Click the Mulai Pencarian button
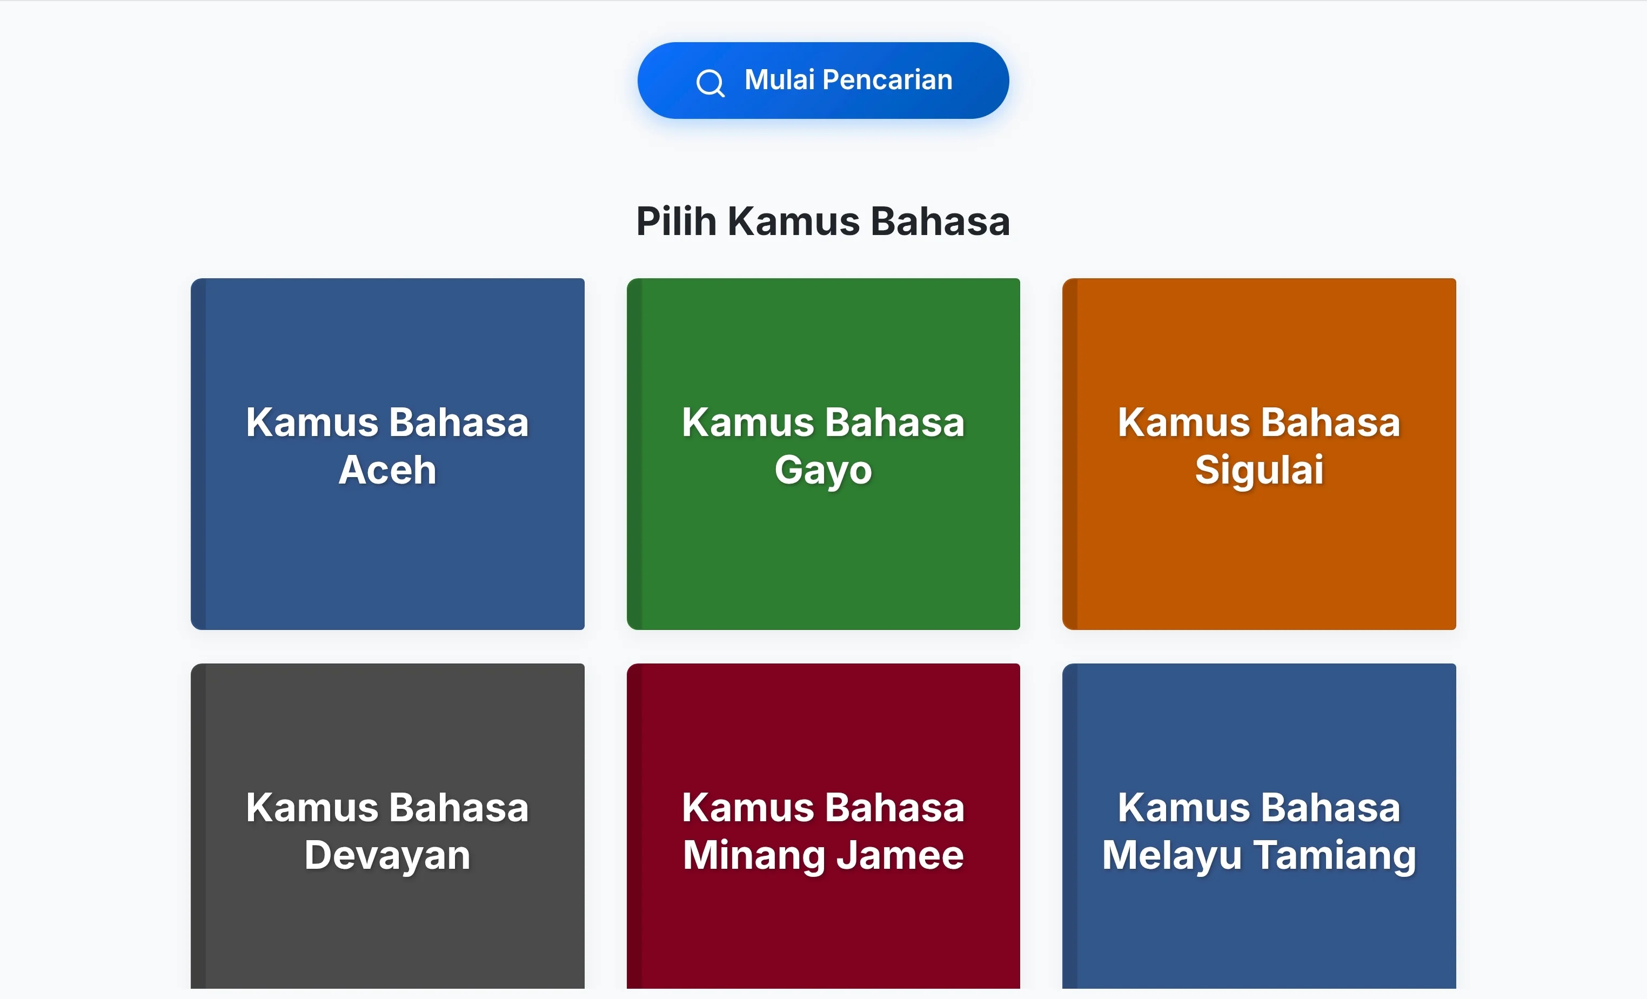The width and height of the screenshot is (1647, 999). [823, 80]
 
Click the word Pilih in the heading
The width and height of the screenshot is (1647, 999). [676, 221]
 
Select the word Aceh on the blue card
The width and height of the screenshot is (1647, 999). [387, 470]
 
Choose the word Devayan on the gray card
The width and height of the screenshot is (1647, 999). [387, 856]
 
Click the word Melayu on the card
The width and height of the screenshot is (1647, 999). [1171, 856]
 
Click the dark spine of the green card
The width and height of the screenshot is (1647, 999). [634, 454]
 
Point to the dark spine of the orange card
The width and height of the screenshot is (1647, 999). [1070, 454]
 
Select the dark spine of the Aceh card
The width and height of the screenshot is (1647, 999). [198, 454]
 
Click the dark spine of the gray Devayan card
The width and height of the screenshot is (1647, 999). [198, 826]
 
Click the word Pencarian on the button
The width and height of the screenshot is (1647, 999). [887, 79]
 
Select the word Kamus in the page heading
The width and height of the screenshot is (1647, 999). [793, 221]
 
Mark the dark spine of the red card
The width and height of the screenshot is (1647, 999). [634, 826]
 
